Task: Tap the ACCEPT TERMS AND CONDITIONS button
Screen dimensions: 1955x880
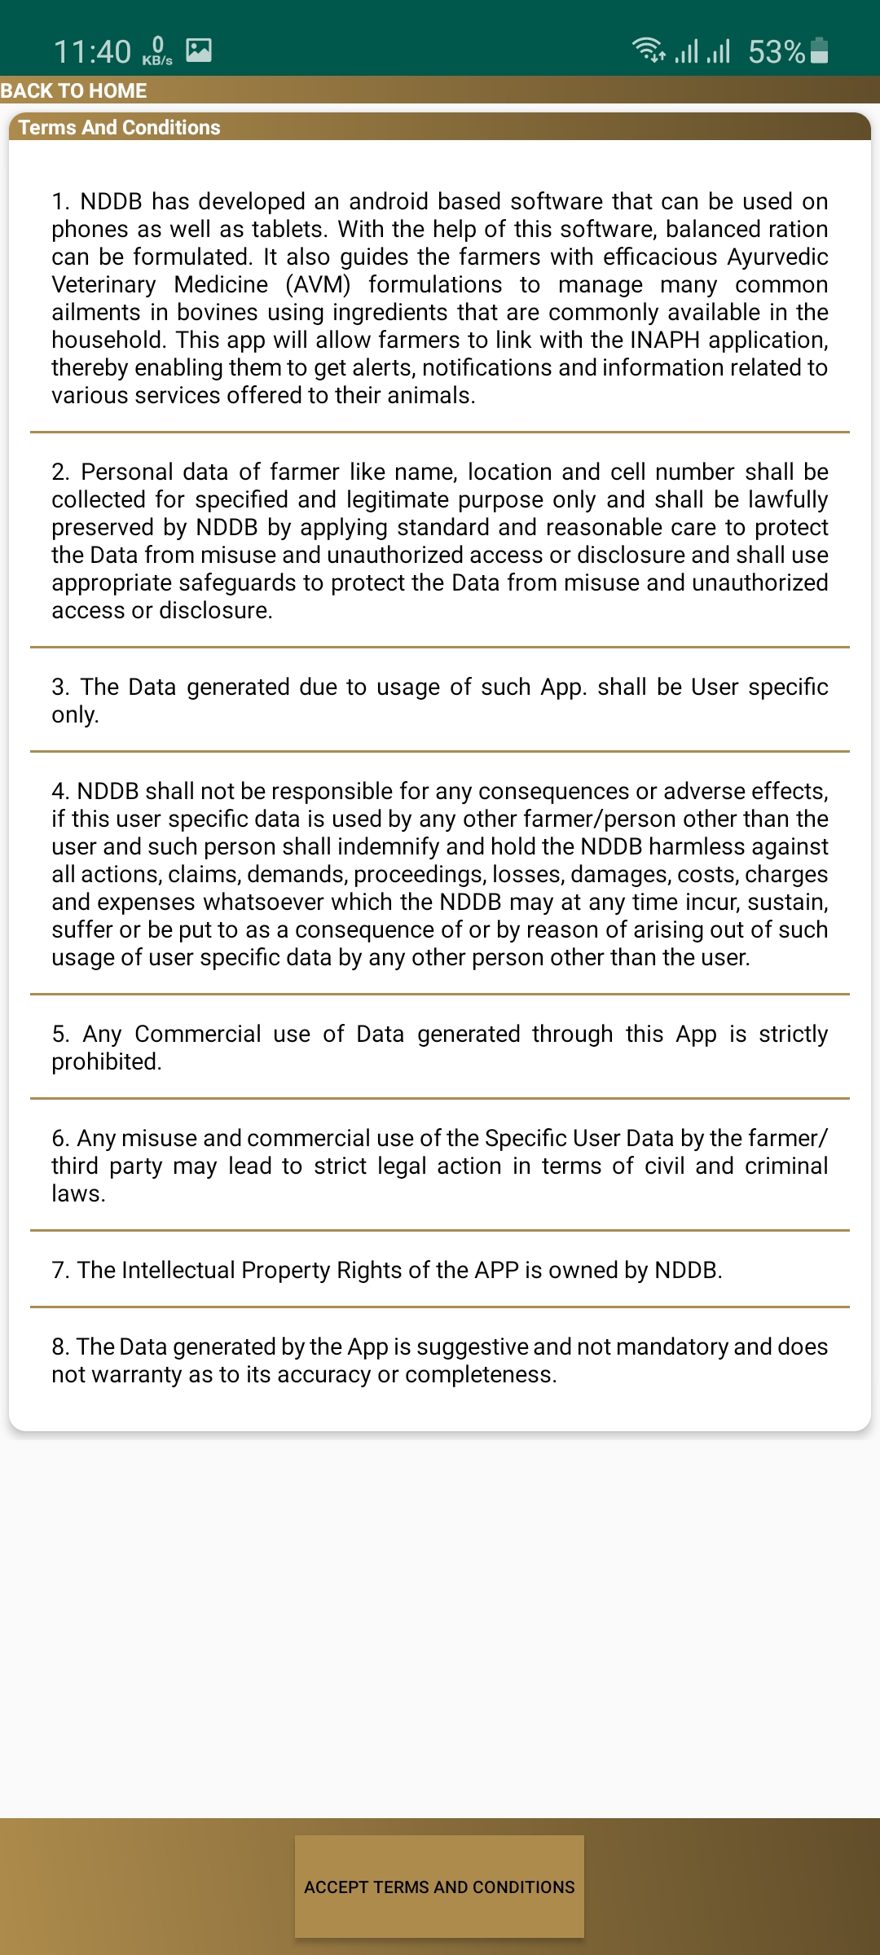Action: (439, 1887)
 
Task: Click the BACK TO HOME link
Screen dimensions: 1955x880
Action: (73, 90)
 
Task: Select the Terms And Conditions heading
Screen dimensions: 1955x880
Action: (119, 127)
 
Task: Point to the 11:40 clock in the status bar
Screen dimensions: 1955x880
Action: (92, 52)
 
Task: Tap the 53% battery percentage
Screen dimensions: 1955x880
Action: (776, 52)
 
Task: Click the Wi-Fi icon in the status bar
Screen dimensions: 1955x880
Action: (649, 51)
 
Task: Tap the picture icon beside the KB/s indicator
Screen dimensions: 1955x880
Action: (199, 51)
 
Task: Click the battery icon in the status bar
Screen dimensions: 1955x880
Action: (821, 51)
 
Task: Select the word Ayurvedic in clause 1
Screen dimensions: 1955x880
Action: (777, 257)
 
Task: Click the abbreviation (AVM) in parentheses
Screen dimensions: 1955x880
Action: (318, 284)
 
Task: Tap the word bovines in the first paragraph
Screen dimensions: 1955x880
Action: (240, 312)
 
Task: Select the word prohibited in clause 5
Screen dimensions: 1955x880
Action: (105, 1061)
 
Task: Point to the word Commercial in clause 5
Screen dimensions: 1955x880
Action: (198, 1034)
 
